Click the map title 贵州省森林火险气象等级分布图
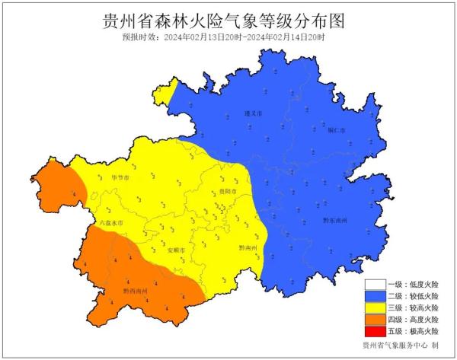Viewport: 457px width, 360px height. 228,21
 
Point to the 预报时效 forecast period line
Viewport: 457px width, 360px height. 228,37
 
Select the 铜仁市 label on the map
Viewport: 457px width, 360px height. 337,130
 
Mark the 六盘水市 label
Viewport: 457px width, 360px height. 90,221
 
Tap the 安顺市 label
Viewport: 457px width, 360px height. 175,249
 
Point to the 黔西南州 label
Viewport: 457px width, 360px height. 136,291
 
